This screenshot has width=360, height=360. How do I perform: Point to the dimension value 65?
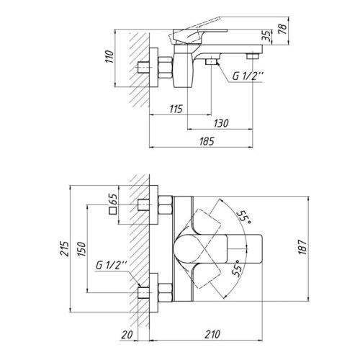click(112, 199)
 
